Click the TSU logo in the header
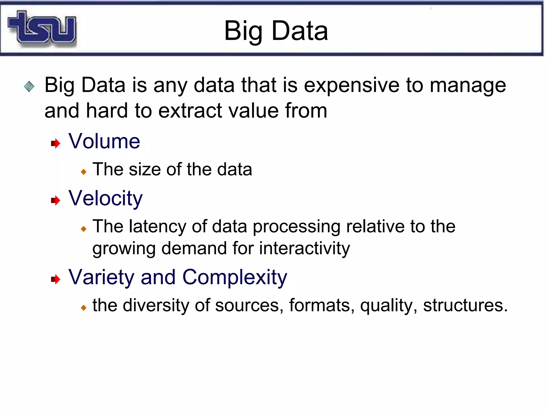tap(42, 27)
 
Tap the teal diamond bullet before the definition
tap(29, 86)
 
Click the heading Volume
tap(104, 141)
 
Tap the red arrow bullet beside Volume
tap(56, 143)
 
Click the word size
tap(145, 169)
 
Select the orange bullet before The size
tap(83, 172)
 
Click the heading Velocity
tap(105, 198)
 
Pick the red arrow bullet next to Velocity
tap(56, 200)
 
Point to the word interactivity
tap(304, 248)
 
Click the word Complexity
tap(234, 277)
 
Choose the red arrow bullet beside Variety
tap(56, 279)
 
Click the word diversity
tap(156, 305)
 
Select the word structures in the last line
tap(465, 305)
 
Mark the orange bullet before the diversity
tap(83, 308)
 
